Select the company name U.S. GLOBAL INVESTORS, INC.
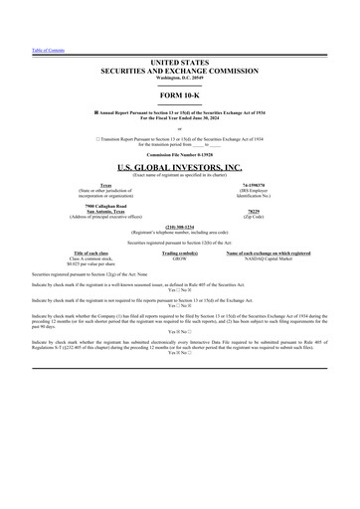pos(179,168)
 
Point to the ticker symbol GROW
pos(176,258)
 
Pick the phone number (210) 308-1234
pos(179,226)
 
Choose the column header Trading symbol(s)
pos(176,254)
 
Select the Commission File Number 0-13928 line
pos(179,156)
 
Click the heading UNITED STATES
pos(179,63)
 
